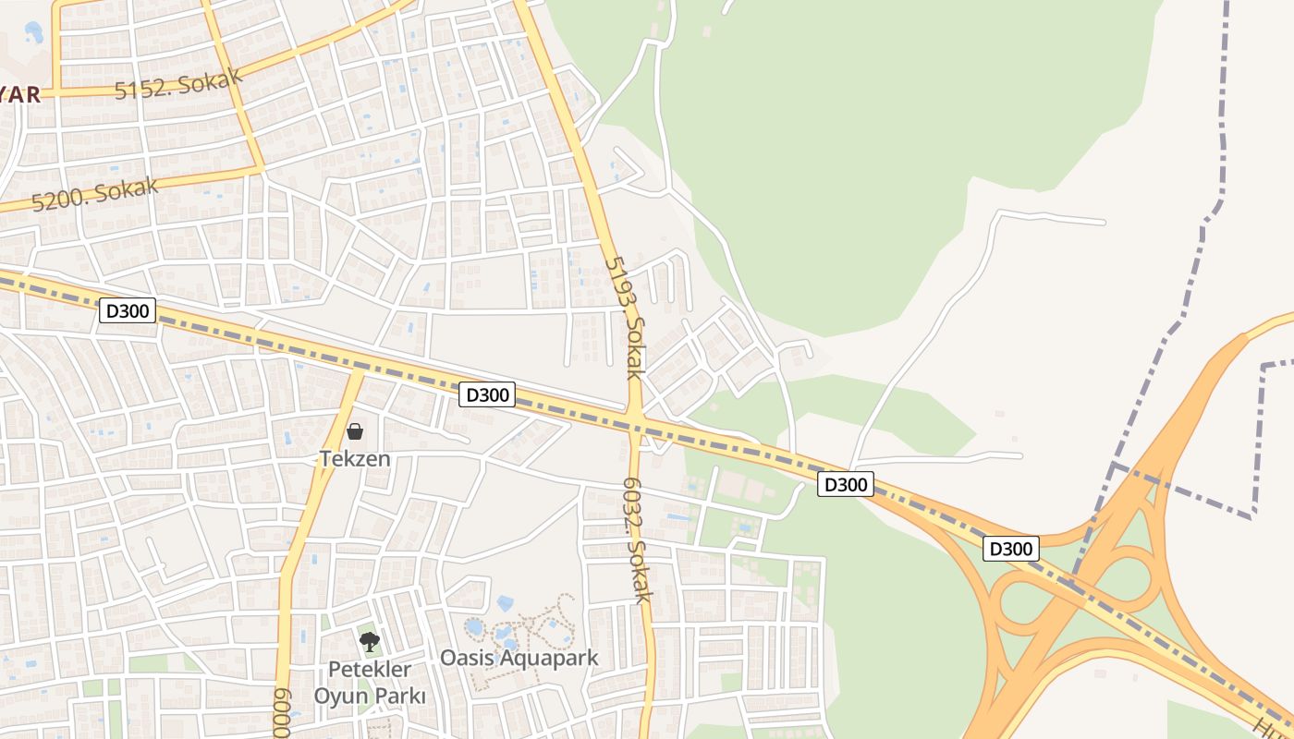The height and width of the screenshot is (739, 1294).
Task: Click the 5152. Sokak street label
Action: click(178, 83)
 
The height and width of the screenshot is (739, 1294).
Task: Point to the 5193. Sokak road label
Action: click(624, 317)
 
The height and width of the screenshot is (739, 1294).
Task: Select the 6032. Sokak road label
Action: click(637, 539)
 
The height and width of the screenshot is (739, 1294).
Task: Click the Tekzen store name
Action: click(355, 458)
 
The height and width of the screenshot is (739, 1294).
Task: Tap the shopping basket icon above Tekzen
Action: click(355, 431)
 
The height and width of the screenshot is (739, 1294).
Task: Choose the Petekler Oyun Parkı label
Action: click(370, 682)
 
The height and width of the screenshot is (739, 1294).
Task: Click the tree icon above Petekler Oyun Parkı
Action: click(370, 641)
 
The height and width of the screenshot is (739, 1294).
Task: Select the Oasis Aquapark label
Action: click(519, 658)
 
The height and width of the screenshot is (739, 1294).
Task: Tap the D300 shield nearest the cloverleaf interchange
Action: click(1010, 549)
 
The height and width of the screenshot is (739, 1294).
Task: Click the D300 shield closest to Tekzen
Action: click(487, 394)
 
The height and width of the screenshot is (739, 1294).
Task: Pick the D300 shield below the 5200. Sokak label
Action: click(127, 310)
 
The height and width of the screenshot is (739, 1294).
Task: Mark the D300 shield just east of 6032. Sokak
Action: click(845, 484)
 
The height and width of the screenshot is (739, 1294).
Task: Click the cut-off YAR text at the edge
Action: click(20, 95)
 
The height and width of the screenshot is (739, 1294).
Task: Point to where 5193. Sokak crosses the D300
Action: click(635, 423)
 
